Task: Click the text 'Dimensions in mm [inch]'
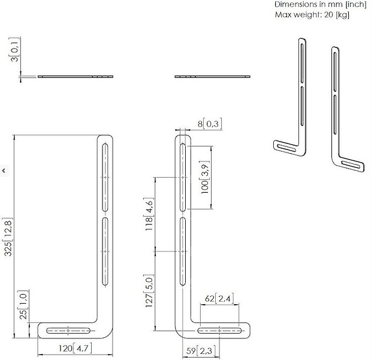(321, 4)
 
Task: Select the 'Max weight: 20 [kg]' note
(312, 14)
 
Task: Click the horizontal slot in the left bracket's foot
(68, 331)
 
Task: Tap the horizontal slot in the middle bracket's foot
(219, 331)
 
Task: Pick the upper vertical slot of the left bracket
(105, 178)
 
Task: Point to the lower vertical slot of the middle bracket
(183, 251)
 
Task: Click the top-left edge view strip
(76, 77)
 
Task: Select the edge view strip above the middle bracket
(213, 77)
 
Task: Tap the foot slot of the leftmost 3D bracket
(286, 148)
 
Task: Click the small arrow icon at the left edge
(4, 170)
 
